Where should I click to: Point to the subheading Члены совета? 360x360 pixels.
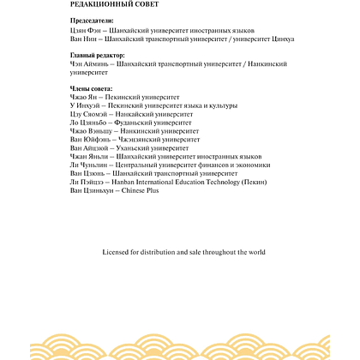point(89,88)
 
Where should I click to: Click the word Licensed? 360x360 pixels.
point(117,252)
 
